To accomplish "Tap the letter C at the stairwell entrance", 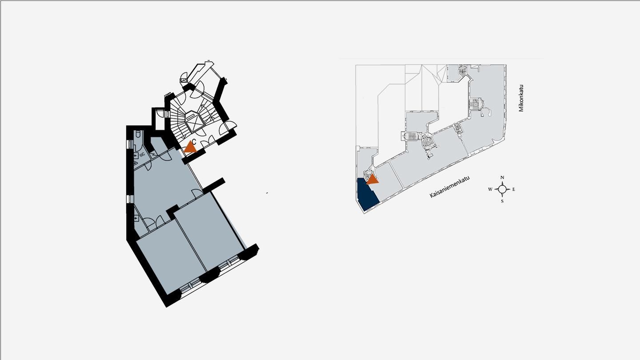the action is coord(194,141).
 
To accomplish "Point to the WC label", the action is coord(142,154).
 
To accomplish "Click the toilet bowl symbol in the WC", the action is coord(138,134).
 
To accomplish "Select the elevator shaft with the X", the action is coord(195,122).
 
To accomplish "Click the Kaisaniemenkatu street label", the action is coord(450,187).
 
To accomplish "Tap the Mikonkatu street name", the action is coord(521,98).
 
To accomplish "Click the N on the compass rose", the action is coord(503,177).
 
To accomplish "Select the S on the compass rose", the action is coord(502,201).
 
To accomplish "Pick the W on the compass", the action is coord(490,189).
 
